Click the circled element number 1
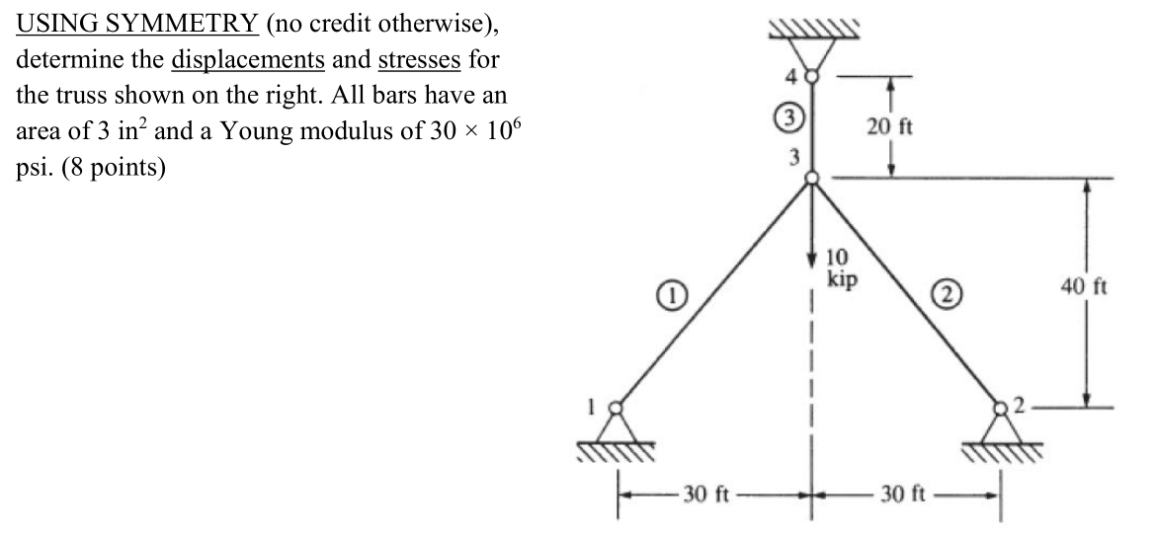pyautogui.click(x=668, y=293)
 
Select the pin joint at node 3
pyautogui.click(x=811, y=179)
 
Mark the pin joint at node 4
pyautogui.click(x=811, y=74)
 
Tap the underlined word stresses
pyautogui.click(x=413, y=59)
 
